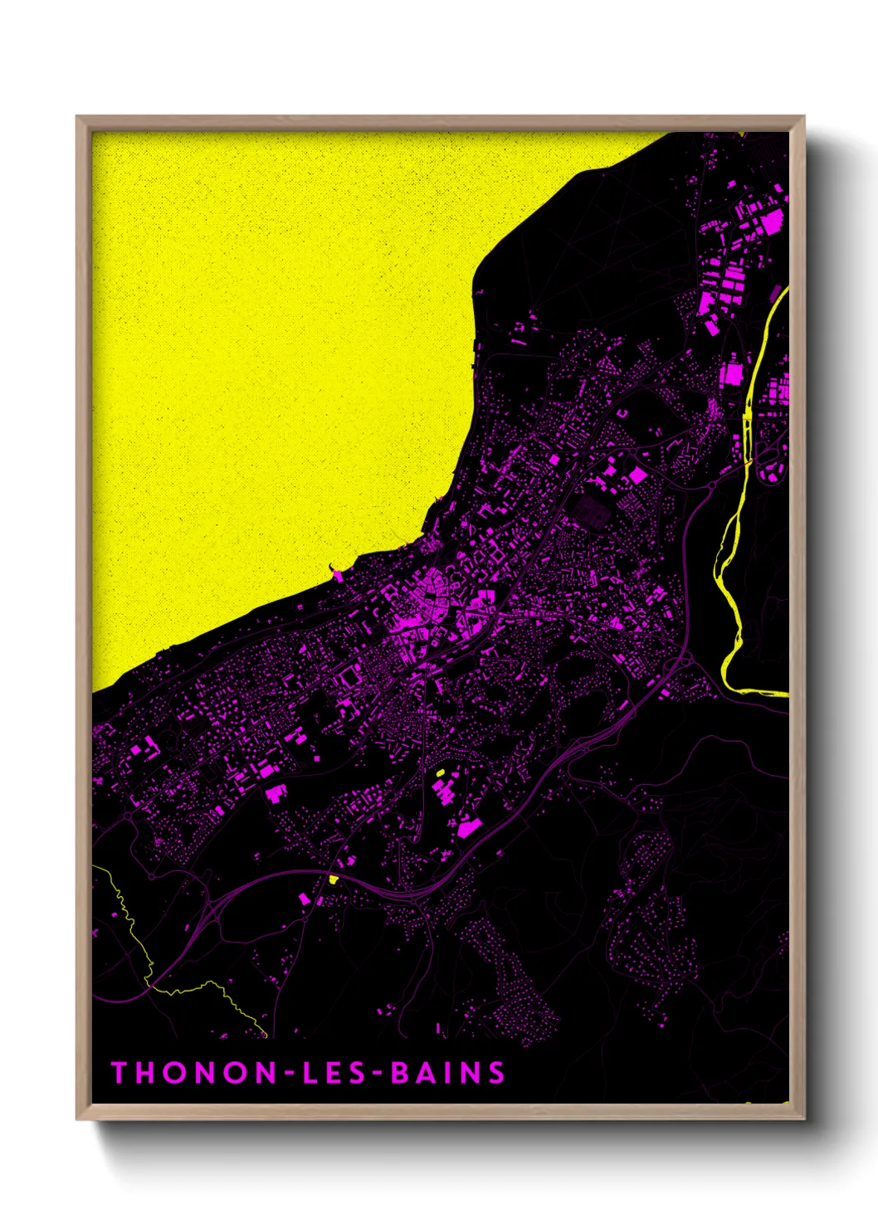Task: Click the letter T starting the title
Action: (x=119, y=1073)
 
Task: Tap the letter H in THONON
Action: (x=146, y=1073)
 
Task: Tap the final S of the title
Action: (x=496, y=1073)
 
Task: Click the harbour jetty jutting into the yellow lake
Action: (x=337, y=573)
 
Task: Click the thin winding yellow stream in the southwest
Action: (x=133, y=921)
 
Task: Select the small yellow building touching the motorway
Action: (x=334, y=879)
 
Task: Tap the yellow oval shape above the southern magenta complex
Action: (x=441, y=774)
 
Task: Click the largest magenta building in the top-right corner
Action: (x=772, y=221)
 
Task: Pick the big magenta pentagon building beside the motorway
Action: (x=469, y=826)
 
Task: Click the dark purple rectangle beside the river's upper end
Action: (x=777, y=295)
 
